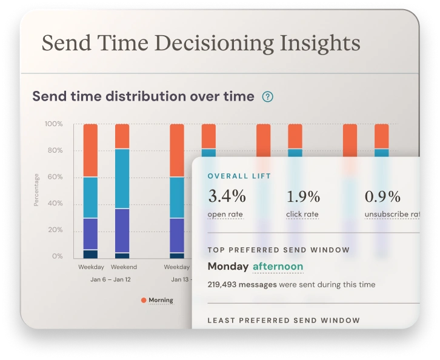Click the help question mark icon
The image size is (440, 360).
(267, 96)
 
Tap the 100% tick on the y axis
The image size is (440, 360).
(54, 124)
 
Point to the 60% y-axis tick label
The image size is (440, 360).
(56, 177)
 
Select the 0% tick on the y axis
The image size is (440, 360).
(58, 256)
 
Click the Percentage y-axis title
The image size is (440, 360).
(36, 190)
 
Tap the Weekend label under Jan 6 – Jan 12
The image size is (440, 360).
(124, 267)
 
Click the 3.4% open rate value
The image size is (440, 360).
(227, 196)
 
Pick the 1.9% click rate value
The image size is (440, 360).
(303, 196)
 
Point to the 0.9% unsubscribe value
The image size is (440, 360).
(382, 196)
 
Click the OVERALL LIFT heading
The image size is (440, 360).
(239, 176)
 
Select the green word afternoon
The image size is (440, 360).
(278, 266)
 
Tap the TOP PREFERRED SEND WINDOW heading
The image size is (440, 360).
(278, 250)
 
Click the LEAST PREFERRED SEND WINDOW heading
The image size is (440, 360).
(283, 320)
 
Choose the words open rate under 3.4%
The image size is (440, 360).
(225, 214)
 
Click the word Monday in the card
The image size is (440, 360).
(228, 266)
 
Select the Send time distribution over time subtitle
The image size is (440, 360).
(143, 96)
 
